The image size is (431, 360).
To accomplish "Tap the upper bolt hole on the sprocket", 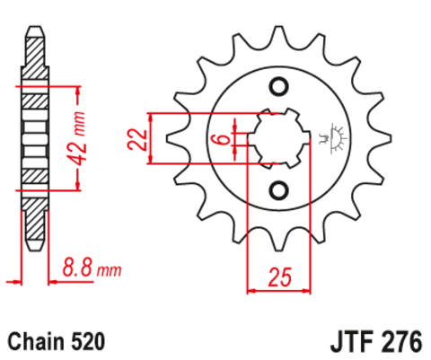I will pos(277,87).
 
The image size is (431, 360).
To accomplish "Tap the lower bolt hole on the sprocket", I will pos(277,189).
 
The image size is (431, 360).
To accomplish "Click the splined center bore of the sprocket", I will pos(277,138).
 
